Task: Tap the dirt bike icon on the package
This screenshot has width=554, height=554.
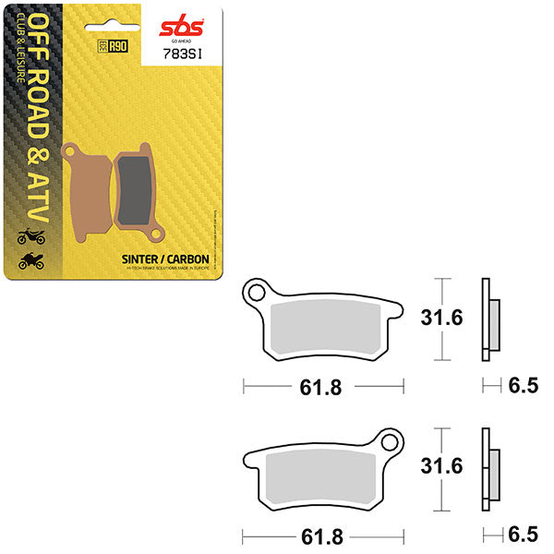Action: [30, 237]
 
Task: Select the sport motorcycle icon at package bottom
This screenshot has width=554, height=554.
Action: [30, 260]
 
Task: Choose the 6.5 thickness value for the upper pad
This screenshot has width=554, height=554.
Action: [522, 387]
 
